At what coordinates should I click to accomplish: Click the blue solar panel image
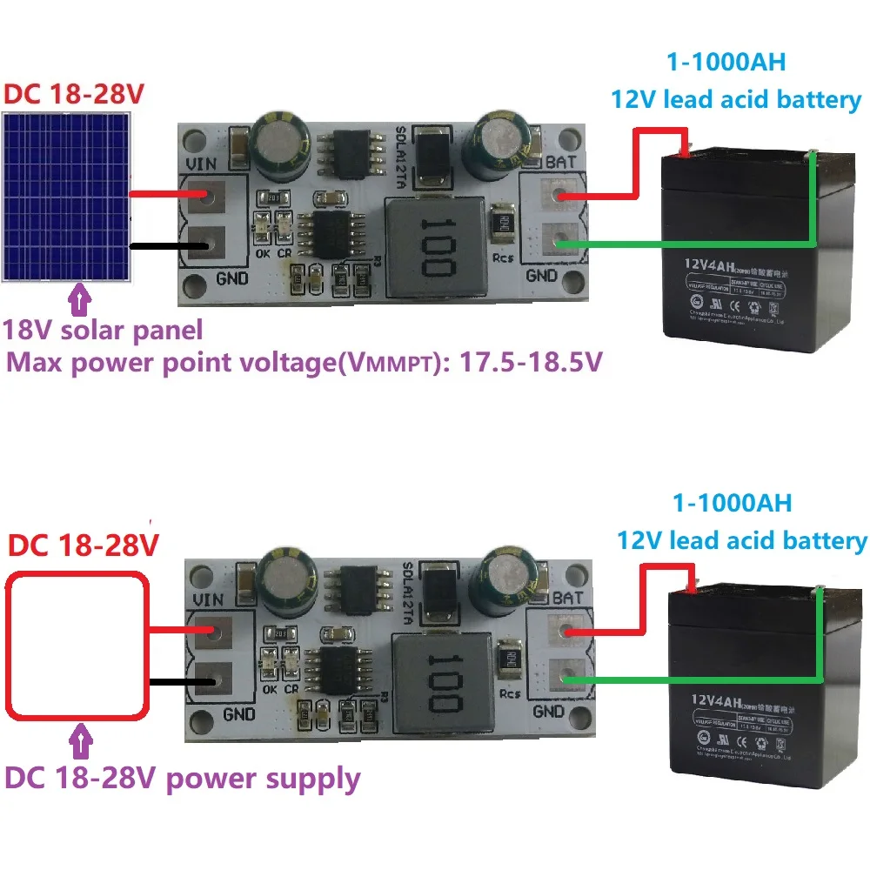68,197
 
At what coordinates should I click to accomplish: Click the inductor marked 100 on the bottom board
438,674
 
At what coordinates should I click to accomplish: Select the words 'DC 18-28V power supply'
183,777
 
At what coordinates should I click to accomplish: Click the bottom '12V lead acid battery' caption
741,540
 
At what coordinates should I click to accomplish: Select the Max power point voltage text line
304,363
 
